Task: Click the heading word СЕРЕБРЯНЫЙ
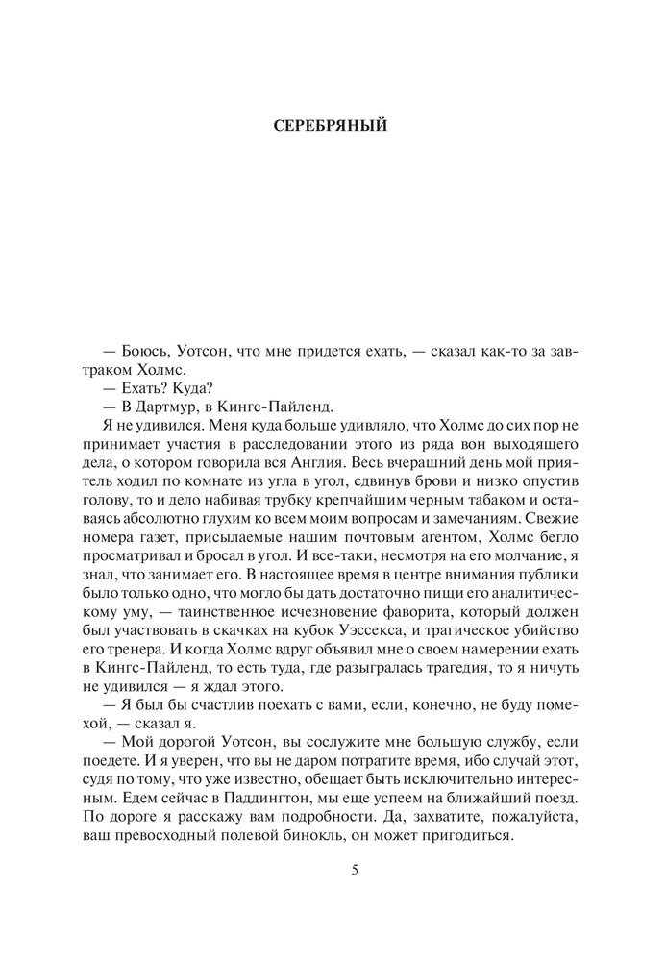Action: click(x=332, y=126)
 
